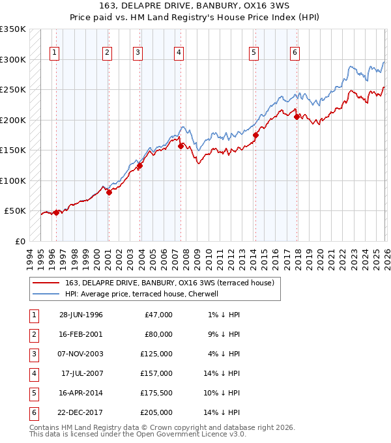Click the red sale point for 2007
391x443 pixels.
point(181,147)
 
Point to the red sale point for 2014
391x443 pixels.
point(255,136)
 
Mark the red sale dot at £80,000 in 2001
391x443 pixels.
point(109,192)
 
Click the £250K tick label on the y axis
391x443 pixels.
point(13,90)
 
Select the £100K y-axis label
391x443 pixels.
point(13,180)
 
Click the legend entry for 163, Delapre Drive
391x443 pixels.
point(170,283)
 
